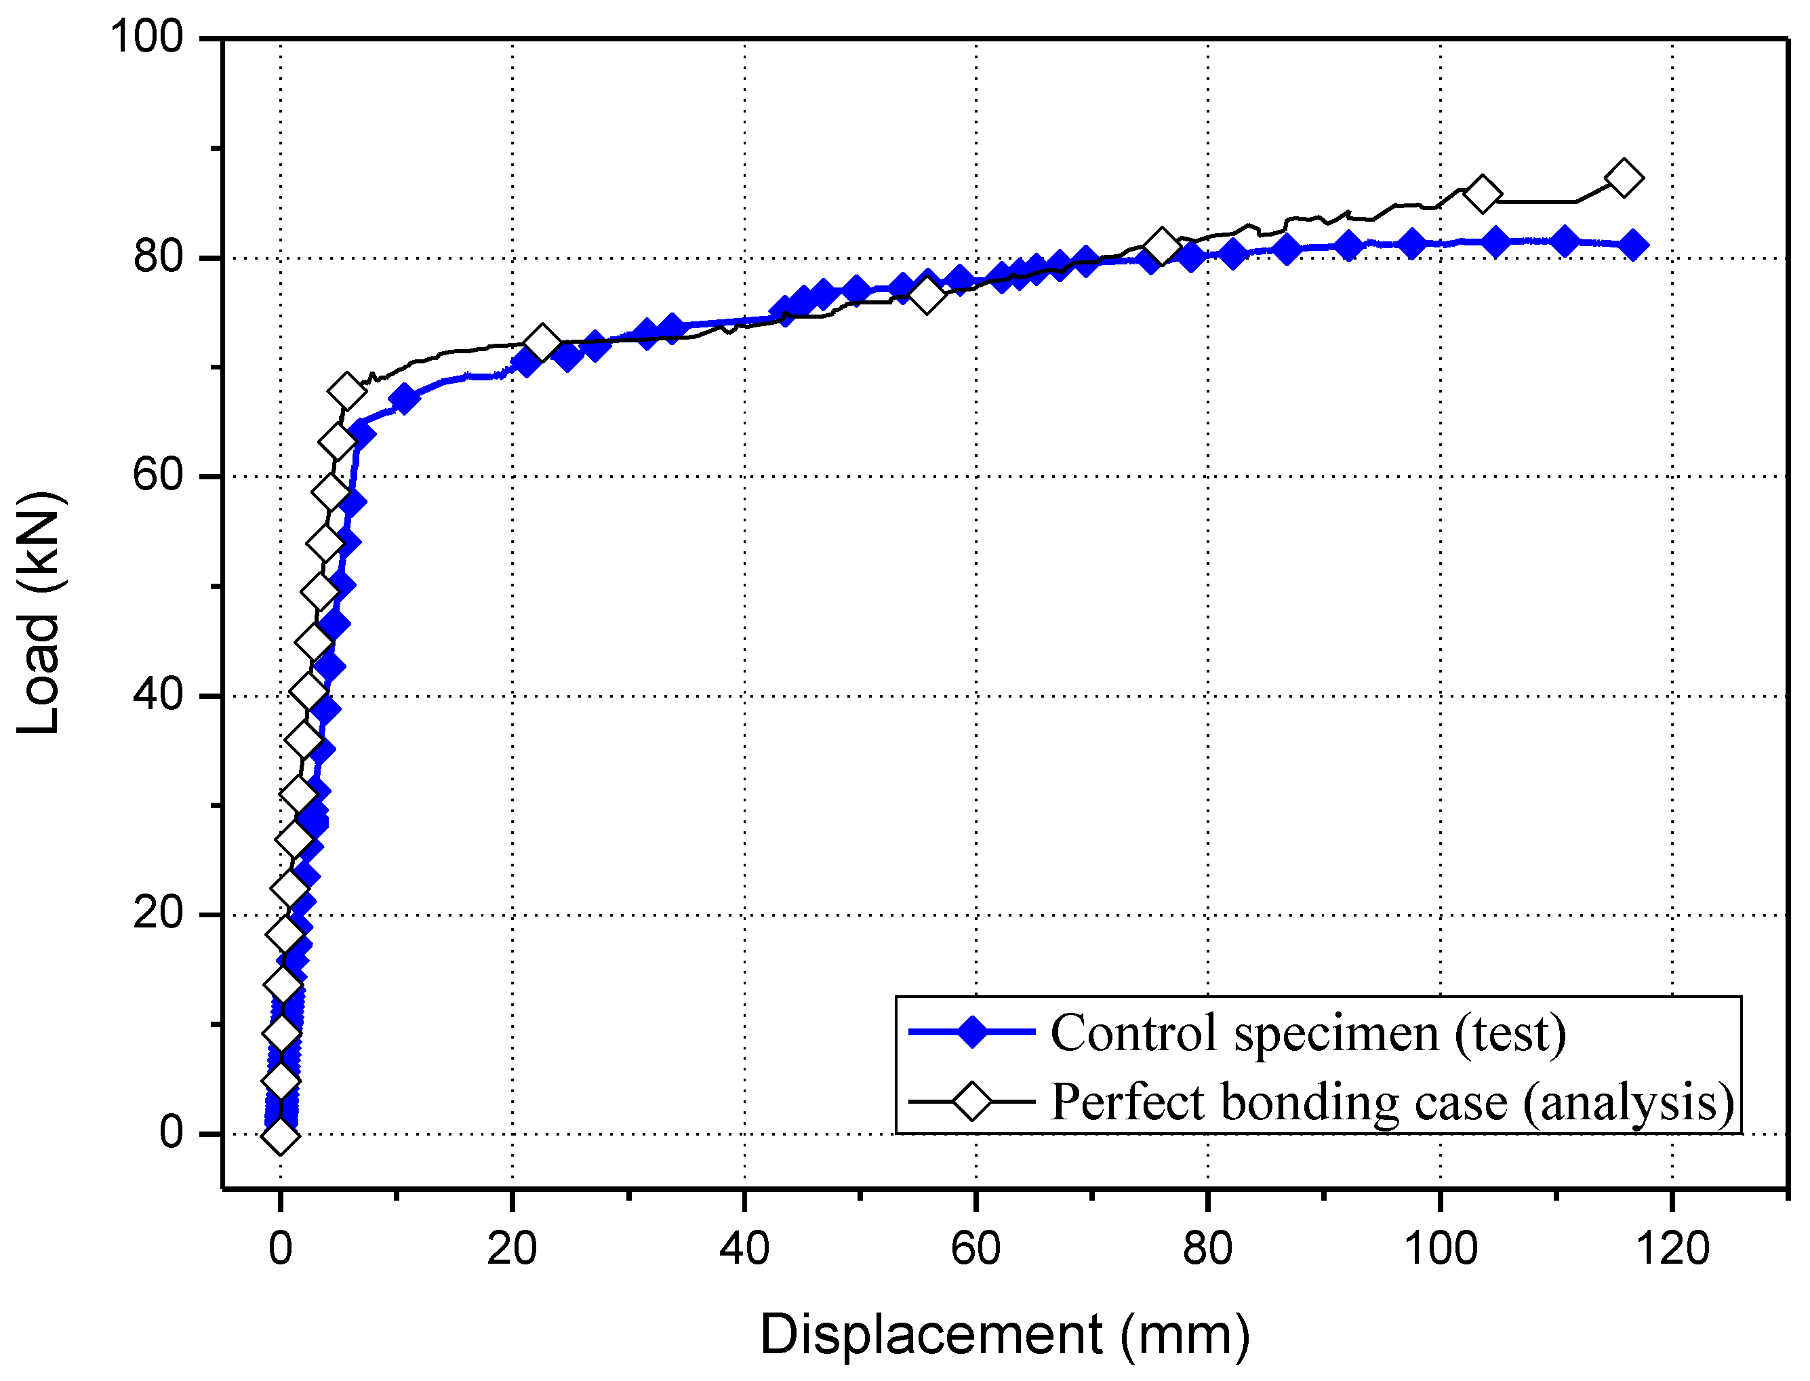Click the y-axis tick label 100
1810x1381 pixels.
pos(146,37)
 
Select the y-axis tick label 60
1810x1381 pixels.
pos(158,475)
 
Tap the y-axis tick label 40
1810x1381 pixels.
pos(158,695)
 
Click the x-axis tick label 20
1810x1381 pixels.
pos(511,1248)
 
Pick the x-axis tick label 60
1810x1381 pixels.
pos(975,1248)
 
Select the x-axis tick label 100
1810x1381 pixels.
pos(1439,1248)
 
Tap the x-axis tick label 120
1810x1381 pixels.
pos(1672,1248)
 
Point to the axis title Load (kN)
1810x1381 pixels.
pos(38,612)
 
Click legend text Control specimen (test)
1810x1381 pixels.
pos(1308,1033)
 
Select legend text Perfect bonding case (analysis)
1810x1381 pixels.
pos(1392,1102)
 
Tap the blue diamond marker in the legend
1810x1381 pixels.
pos(971,1032)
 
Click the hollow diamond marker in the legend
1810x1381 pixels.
pos(971,1102)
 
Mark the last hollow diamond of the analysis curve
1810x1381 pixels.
pos(1624,178)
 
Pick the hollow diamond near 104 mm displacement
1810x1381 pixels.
pos(1482,195)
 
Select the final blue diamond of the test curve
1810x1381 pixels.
pos(1632,245)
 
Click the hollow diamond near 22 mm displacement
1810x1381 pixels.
pos(541,342)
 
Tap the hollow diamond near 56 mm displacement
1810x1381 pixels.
pos(927,295)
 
